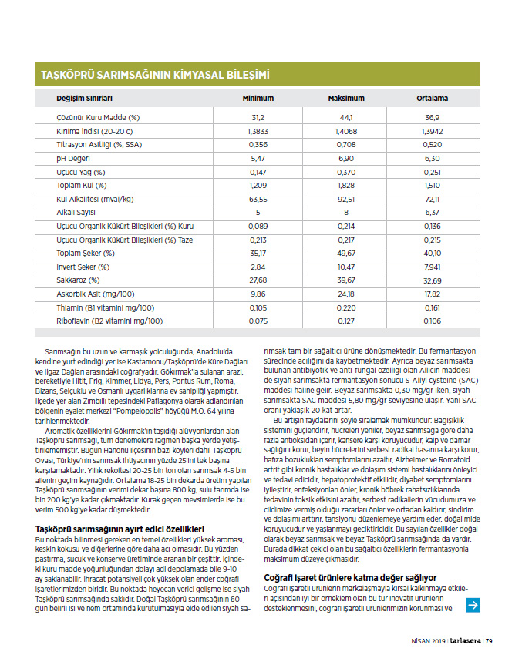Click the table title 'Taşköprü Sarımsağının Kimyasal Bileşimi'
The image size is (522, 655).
coord(154,75)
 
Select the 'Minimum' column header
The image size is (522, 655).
coord(258,99)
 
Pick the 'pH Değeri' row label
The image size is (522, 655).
coord(74,157)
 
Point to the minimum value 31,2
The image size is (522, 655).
coord(258,117)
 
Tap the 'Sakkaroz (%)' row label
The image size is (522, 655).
coord(79,280)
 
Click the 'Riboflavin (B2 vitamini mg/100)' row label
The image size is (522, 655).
coord(109,321)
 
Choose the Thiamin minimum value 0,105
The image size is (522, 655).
coord(258,307)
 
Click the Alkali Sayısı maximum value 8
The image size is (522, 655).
coord(346,212)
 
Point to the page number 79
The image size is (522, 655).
coord(489,639)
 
